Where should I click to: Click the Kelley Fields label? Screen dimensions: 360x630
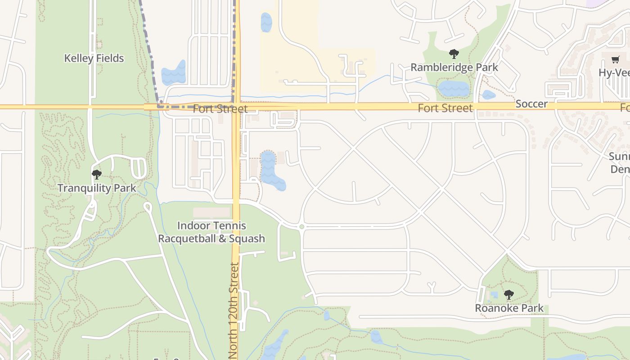click(x=94, y=58)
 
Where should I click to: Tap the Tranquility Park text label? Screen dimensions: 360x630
click(x=97, y=188)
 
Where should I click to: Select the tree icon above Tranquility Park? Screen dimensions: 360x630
click(x=96, y=175)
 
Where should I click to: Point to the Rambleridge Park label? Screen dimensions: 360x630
click(x=454, y=67)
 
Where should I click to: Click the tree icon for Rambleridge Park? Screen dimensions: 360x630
click(x=454, y=54)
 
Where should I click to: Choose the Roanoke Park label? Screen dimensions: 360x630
click(x=509, y=308)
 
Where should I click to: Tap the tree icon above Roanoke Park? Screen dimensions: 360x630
click(x=509, y=295)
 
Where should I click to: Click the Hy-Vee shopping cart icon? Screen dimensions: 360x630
click(x=616, y=59)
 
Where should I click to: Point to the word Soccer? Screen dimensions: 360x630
click(x=531, y=104)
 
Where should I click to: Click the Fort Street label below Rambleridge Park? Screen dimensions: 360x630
click(x=445, y=108)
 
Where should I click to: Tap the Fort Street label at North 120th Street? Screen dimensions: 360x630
click(x=220, y=109)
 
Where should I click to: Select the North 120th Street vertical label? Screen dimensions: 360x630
click(x=234, y=310)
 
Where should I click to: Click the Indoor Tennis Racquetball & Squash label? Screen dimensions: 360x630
click(x=211, y=232)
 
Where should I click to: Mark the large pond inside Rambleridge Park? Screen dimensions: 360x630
click(x=454, y=89)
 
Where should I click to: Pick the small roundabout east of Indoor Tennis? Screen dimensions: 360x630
click(x=301, y=227)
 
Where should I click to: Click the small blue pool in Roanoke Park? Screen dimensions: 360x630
click(x=495, y=296)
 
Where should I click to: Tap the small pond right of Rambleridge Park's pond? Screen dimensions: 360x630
click(x=489, y=95)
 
